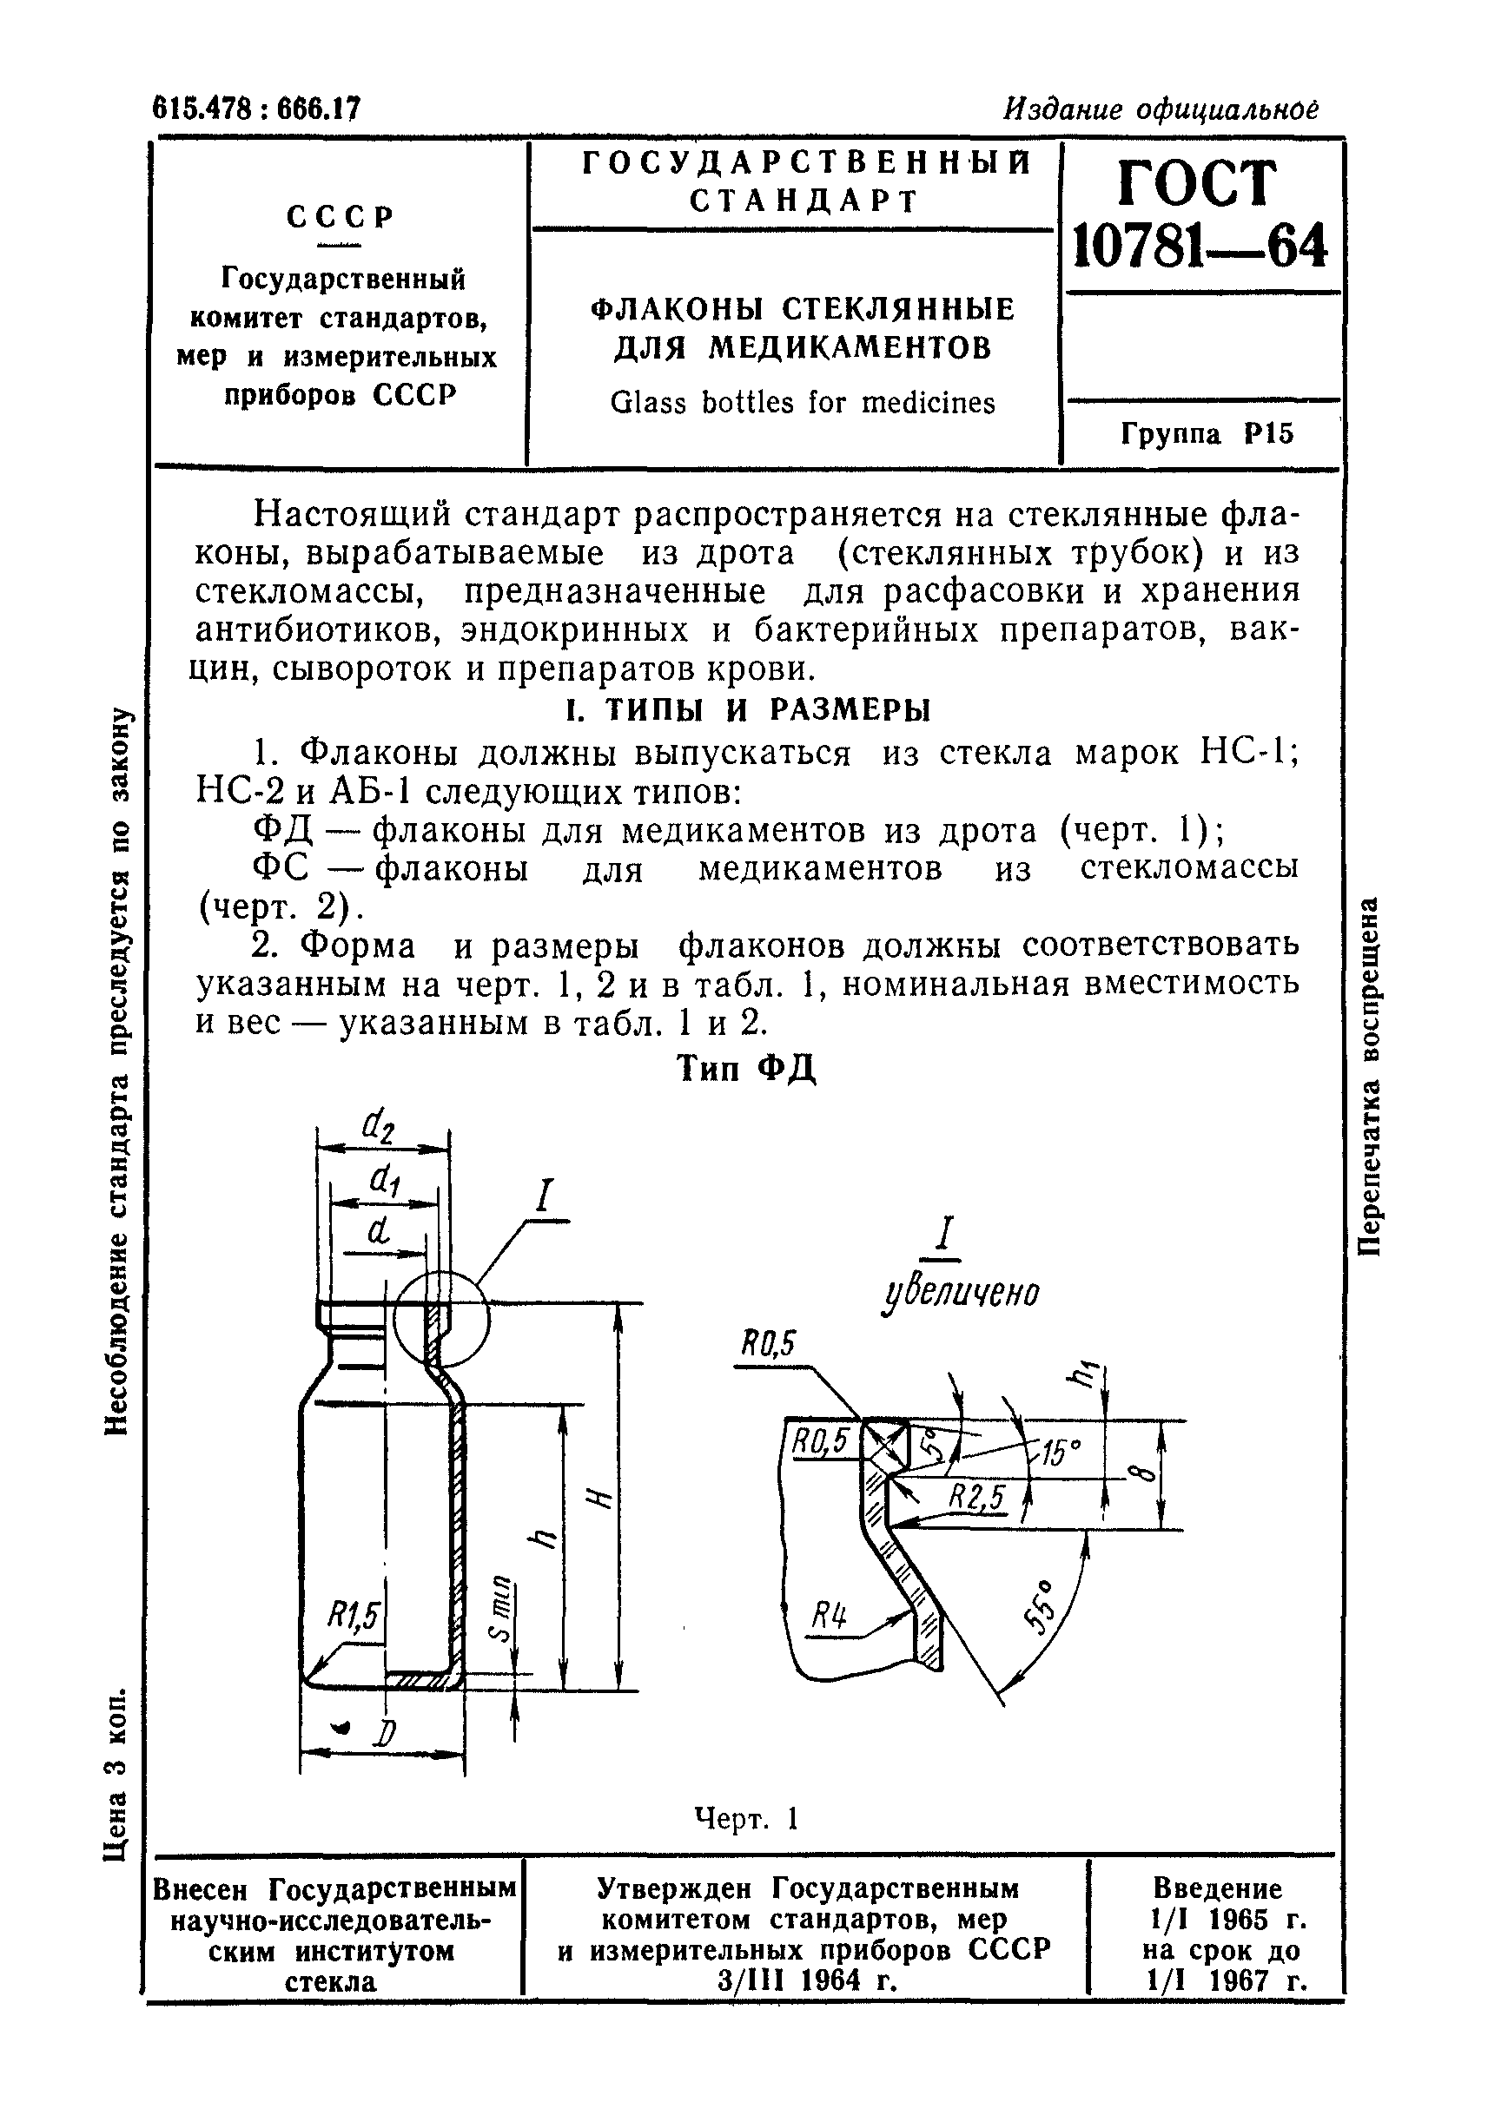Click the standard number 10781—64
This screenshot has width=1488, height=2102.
pyautogui.click(x=1200, y=246)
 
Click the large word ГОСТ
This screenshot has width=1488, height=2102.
pyautogui.click(x=1198, y=183)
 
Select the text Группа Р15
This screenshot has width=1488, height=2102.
pyautogui.click(x=1207, y=433)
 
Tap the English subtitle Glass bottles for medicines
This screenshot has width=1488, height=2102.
pyautogui.click(x=802, y=403)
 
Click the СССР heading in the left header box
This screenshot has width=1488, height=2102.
pyautogui.click(x=341, y=217)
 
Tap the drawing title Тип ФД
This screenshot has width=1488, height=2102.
pyautogui.click(x=746, y=1067)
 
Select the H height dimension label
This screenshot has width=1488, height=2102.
pyautogui.click(x=598, y=1499)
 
